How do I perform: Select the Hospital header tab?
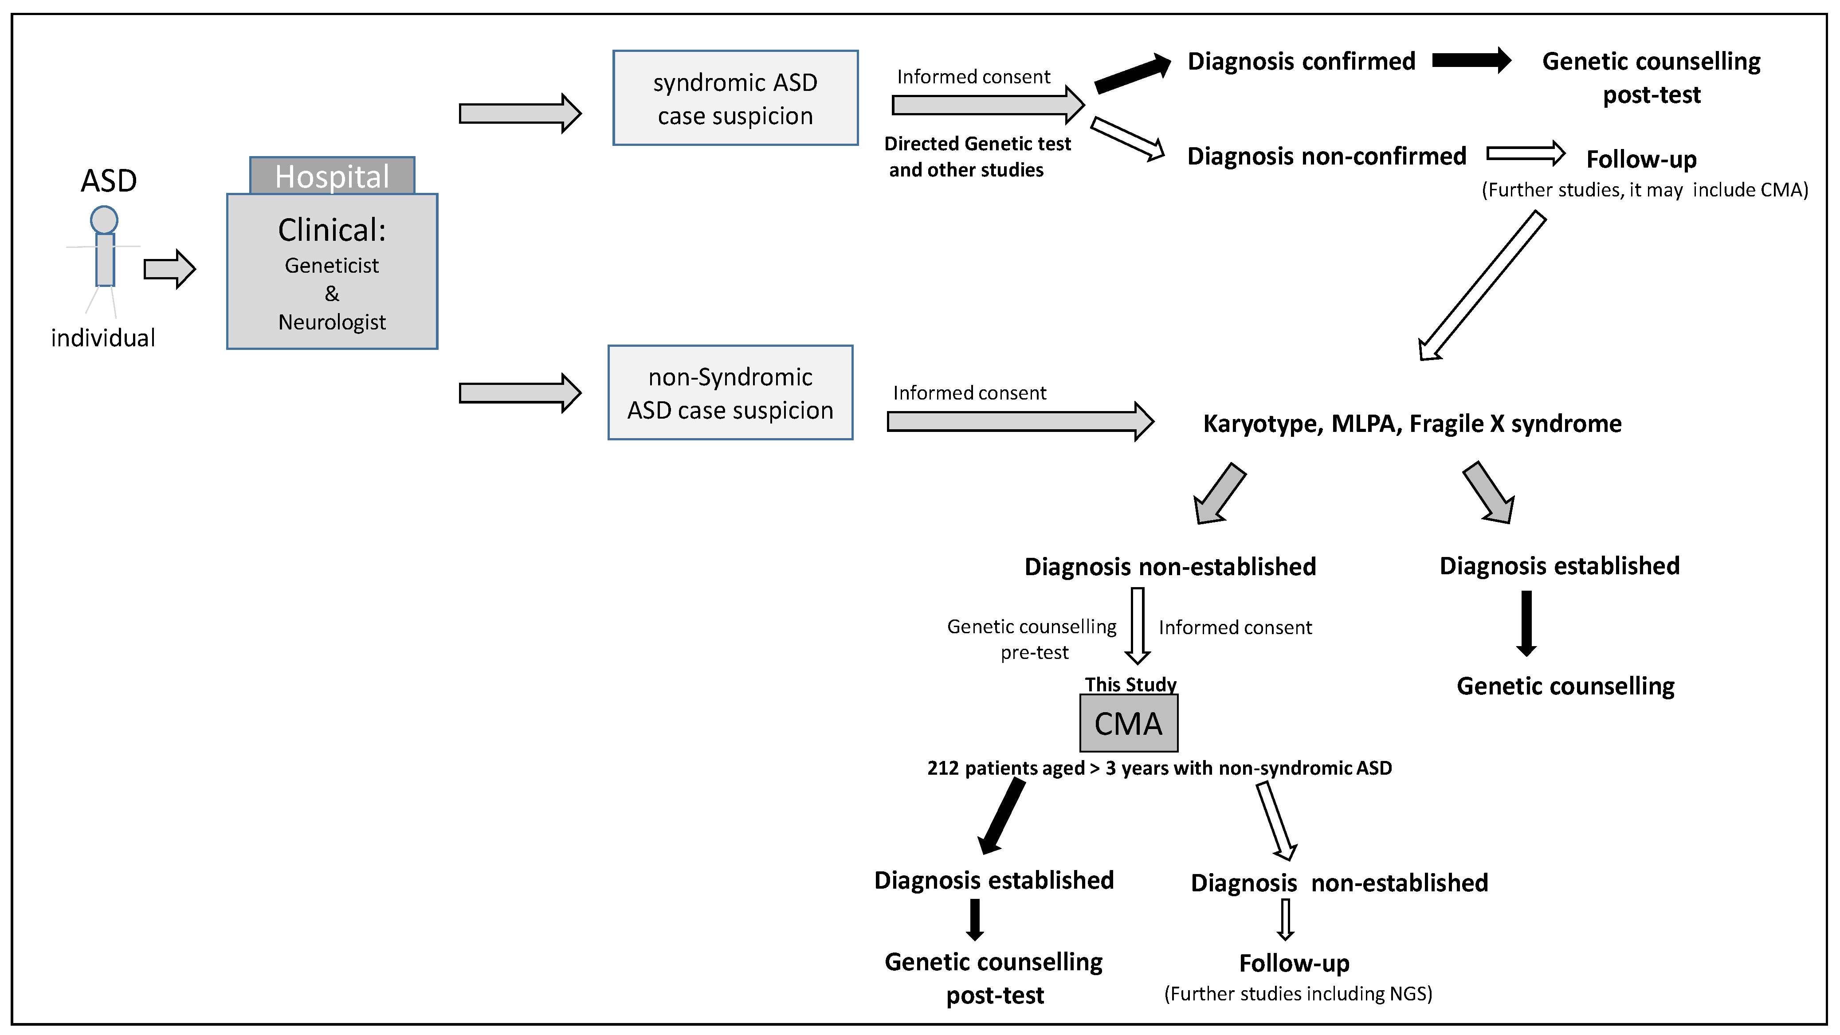click(x=332, y=176)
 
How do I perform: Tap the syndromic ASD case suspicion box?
click(x=735, y=98)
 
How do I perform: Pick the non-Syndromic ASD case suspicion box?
click(x=730, y=393)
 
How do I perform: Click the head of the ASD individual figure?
click(x=104, y=220)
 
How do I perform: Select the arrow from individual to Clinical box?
click(x=169, y=269)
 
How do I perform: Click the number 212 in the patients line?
click(x=942, y=768)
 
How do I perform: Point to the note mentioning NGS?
click(x=1298, y=994)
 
